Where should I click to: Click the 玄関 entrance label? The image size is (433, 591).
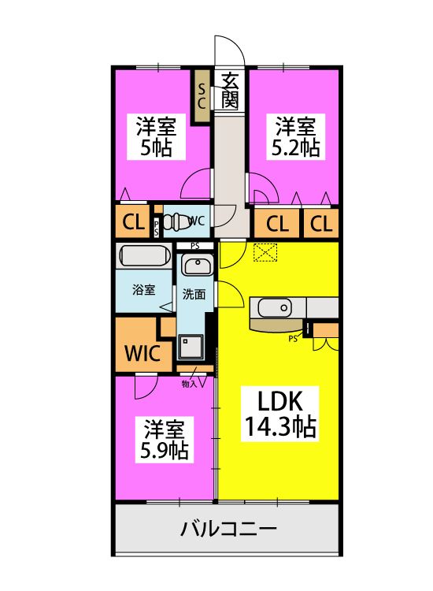229,90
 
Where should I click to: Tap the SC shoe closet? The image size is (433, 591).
202,96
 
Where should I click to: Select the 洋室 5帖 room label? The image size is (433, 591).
156,136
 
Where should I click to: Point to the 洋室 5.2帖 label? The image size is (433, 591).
295,136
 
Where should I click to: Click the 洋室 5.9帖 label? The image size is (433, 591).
165,440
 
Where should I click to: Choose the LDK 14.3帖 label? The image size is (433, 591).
280,414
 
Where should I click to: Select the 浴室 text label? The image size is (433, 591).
143,290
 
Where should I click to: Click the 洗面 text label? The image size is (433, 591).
194,294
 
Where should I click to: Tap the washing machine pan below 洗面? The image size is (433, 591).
191,347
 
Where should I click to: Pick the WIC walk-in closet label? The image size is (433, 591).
142,354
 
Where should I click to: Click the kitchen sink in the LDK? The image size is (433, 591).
275,308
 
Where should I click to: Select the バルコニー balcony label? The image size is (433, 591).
228,529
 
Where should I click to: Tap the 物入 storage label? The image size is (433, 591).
190,384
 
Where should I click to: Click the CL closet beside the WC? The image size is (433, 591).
133,222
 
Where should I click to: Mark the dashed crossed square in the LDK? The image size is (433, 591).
265,252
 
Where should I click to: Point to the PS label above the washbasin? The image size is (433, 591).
194,246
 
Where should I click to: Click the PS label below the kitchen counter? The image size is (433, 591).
293,339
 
